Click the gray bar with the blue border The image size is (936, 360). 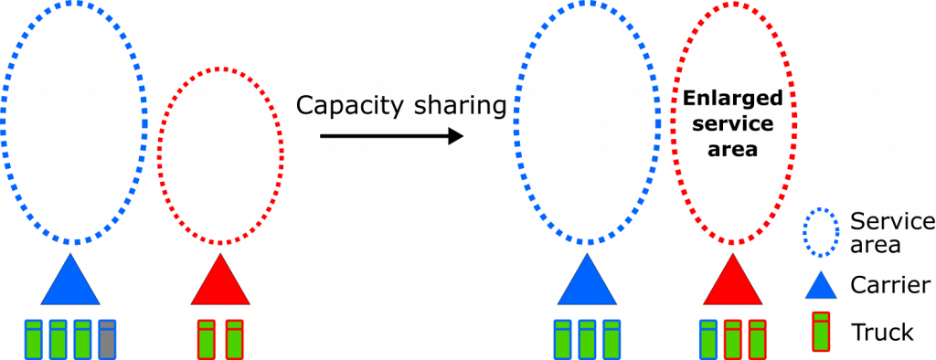[107, 339]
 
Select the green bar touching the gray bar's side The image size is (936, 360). [82, 339]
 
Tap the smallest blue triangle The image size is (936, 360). [821, 286]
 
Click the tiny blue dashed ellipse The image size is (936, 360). [821, 232]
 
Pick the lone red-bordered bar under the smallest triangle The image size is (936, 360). [821, 332]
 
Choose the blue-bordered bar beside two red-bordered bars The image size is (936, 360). [708, 339]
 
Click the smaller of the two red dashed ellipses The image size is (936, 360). [220, 155]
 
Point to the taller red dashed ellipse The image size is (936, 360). [734, 123]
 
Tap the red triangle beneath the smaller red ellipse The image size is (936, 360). [220, 281]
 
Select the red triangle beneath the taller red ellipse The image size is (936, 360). [733, 281]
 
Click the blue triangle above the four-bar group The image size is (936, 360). [70, 281]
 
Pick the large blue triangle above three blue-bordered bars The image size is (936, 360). [587, 281]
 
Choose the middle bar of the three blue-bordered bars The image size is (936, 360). [587, 339]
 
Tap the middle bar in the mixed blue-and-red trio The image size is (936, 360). [733, 339]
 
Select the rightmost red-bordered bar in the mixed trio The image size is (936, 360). [757, 339]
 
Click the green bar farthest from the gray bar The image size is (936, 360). [34, 339]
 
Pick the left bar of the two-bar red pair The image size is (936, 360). [207, 339]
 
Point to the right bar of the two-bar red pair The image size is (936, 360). [235, 339]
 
